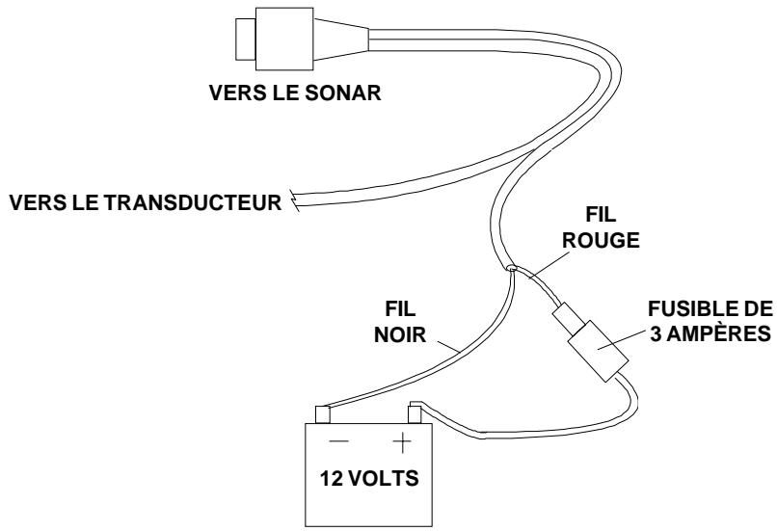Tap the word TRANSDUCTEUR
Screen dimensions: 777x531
point(193,202)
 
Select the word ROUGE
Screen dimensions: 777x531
point(601,240)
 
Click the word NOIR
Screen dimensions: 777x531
point(400,334)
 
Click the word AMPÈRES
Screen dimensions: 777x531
point(718,333)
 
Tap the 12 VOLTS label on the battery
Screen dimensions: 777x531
point(369,479)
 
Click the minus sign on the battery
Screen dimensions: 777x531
point(338,440)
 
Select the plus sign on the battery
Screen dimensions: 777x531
point(402,441)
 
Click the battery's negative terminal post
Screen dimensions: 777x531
point(323,414)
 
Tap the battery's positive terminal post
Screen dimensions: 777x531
point(415,414)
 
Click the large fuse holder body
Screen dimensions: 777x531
point(598,351)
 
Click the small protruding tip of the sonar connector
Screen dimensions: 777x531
point(245,40)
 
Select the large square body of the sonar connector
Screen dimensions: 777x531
point(284,39)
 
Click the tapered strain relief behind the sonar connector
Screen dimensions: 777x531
point(341,40)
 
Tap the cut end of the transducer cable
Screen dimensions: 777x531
point(296,199)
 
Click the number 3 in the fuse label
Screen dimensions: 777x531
point(656,333)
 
